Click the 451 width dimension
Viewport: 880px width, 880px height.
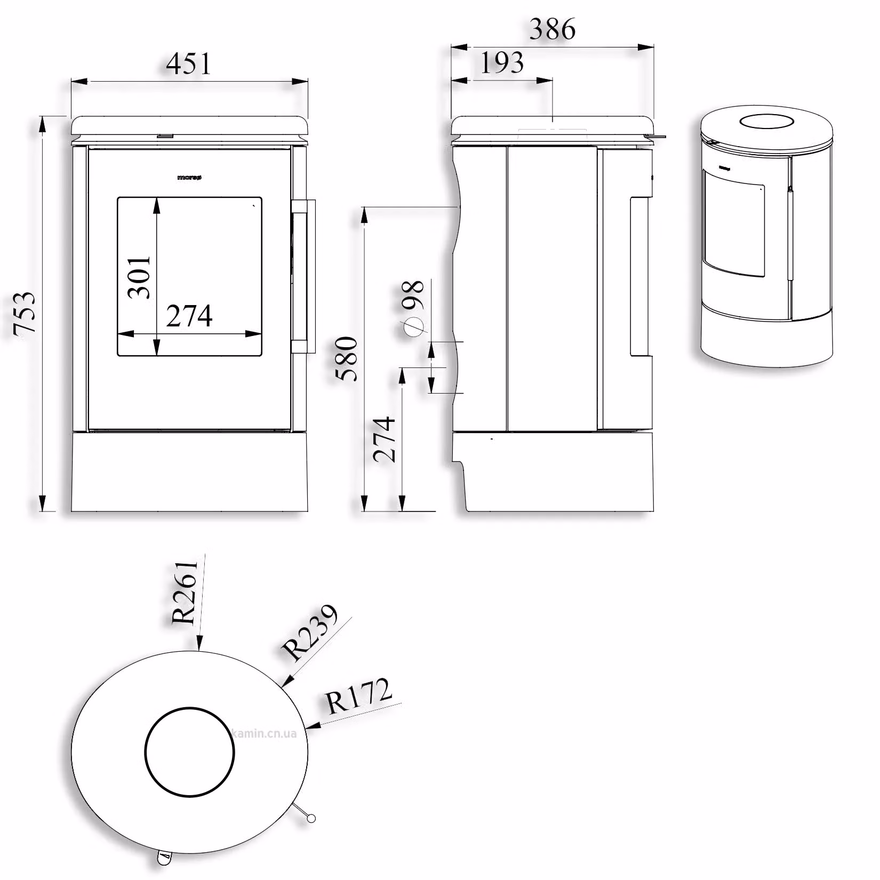[x=189, y=63]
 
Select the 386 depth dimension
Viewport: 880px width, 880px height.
[x=553, y=29]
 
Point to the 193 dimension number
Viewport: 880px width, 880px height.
[x=502, y=63]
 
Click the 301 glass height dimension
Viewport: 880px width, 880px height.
[x=139, y=277]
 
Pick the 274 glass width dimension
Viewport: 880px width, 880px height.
[x=189, y=316]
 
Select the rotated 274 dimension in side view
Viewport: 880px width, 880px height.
[x=385, y=439]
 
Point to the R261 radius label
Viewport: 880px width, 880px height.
[x=186, y=592]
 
